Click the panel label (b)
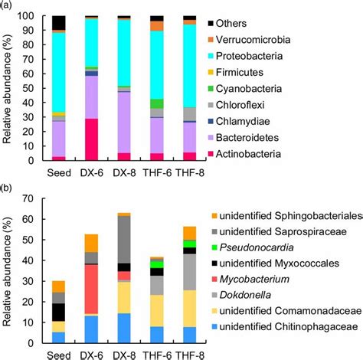[x=8, y=189]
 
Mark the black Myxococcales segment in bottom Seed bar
[x=57, y=312]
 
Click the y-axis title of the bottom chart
[x=10, y=268]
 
